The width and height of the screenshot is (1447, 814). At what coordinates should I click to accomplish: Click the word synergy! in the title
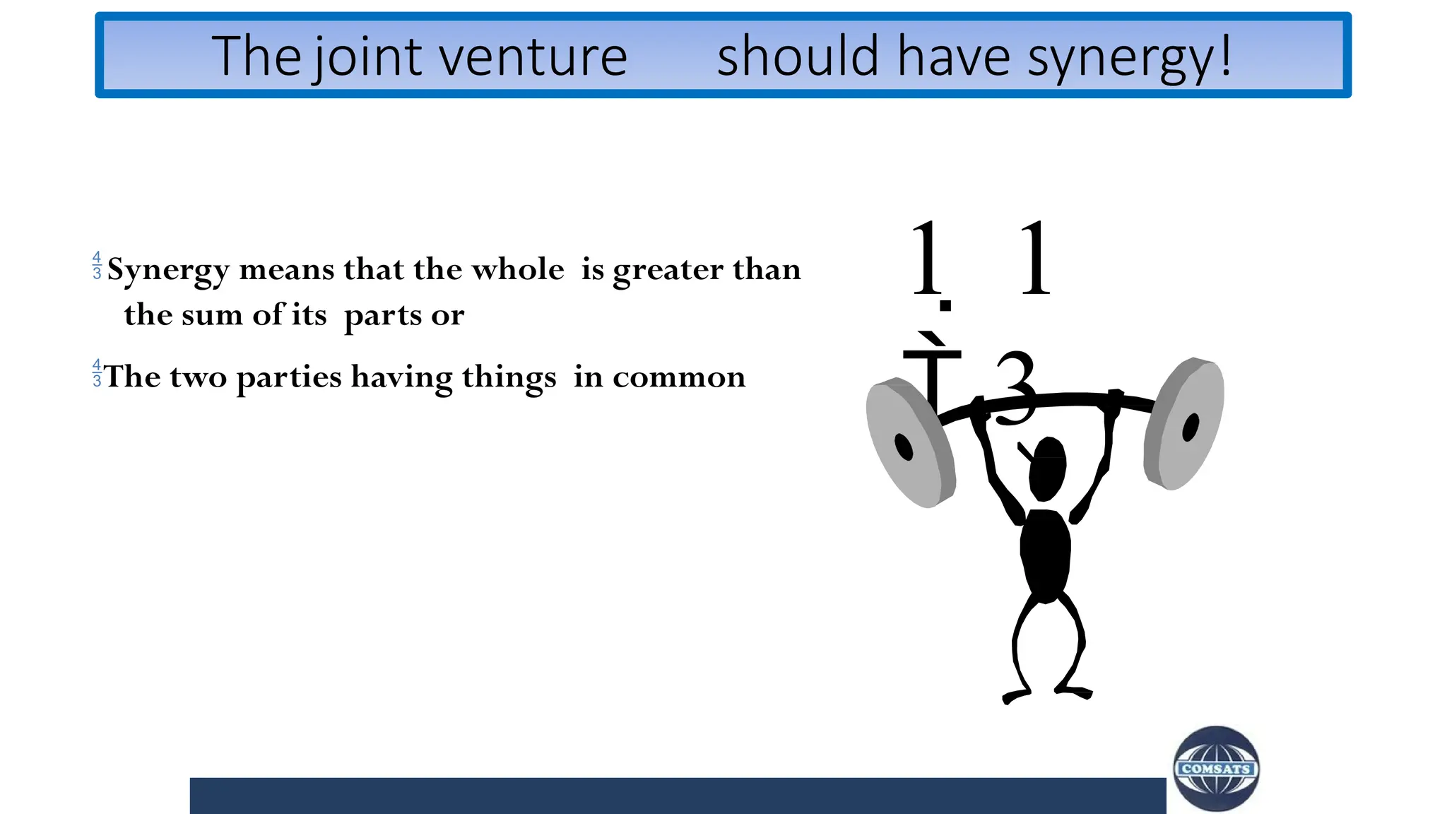point(1128,57)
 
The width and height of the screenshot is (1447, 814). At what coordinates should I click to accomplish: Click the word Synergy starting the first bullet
point(168,270)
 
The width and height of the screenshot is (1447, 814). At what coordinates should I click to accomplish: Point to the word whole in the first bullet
point(517,269)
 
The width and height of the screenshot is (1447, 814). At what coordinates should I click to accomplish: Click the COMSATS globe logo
point(1216,769)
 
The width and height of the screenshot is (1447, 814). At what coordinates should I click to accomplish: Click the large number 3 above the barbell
point(1016,387)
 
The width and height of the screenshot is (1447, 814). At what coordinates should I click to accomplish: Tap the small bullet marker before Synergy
point(97,265)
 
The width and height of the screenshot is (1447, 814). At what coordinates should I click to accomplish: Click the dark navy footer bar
point(677,796)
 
